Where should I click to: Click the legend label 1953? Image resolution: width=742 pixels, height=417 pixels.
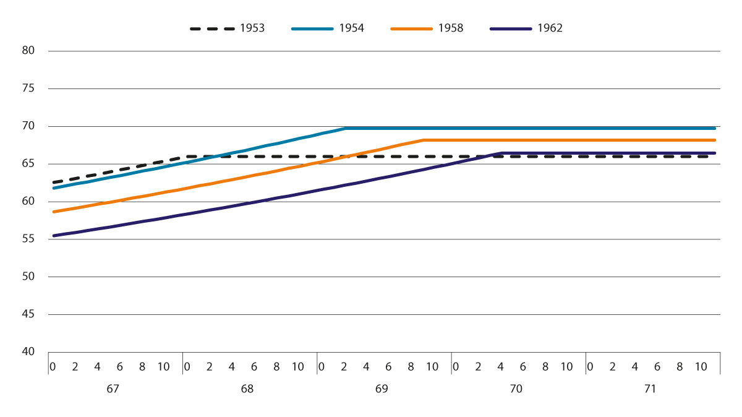point(254,28)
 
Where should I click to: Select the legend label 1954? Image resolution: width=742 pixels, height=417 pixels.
point(351,28)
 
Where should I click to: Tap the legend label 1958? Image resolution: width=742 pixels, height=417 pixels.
point(451,28)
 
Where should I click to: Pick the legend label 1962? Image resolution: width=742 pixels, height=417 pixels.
point(550,28)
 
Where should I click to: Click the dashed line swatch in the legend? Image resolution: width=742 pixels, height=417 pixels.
point(211,28)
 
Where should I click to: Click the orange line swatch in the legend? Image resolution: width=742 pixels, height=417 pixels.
point(411,28)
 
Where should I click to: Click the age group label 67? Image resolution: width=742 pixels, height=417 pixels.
point(113,390)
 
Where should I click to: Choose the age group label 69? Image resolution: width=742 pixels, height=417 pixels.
point(382,390)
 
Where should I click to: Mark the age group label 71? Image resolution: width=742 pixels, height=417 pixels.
point(650,390)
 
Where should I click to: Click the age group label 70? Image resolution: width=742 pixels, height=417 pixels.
point(516,390)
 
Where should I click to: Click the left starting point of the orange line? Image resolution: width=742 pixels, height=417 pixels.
point(54,212)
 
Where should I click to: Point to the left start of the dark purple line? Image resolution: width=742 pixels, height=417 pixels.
point(54,236)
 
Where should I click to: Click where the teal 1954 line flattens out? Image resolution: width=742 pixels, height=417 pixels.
point(345,128)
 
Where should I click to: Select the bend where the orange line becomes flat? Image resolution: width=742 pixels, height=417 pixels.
point(424,140)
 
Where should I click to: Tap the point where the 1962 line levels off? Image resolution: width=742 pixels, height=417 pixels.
point(501,153)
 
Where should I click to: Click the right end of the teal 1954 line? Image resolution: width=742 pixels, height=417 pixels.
point(715,128)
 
